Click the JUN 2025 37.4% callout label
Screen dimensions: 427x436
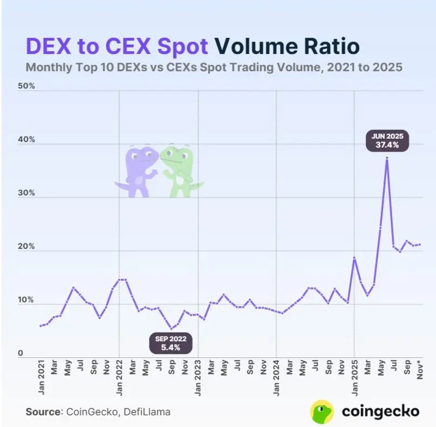pyautogui.click(x=387, y=140)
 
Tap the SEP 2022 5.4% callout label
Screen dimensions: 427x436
pyautogui.click(x=171, y=343)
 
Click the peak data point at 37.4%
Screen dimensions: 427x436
pyautogui.click(x=387, y=158)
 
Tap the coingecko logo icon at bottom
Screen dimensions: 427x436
pyautogui.click(x=322, y=411)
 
